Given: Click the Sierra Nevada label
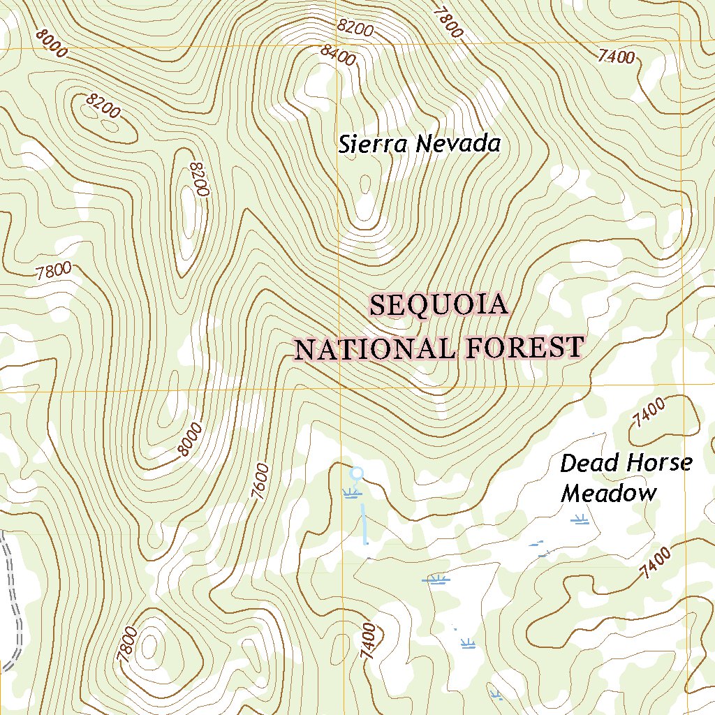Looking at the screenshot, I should click(x=420, y=145).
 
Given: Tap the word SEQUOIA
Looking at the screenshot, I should click(x=438, y=306).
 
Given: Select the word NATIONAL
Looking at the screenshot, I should click(x=373, y=348).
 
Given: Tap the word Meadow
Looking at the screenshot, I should click(x=610, y=494).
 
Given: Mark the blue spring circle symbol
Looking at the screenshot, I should click(x=357, y=473).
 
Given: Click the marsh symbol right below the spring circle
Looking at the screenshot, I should click(x=353, y=494).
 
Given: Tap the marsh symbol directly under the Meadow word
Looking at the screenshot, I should click(x=579, y=519).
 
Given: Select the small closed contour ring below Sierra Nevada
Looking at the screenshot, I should click(x=364, y=184).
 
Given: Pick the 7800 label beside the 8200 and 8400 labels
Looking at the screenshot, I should click(x=448, y=22).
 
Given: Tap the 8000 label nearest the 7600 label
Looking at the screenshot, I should click(x=190, y=439).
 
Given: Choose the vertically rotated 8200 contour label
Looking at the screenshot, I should click(x=199, y=179).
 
